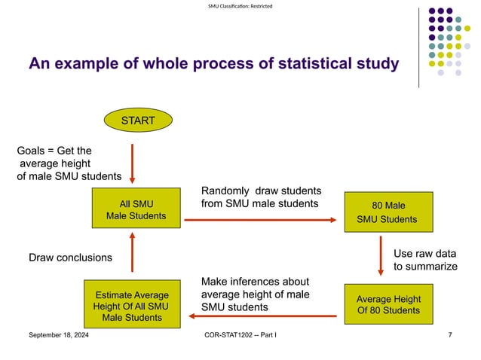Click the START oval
(138, 121)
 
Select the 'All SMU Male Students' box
(136, 209)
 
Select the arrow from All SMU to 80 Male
(261, 220)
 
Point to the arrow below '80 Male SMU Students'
(381, 257)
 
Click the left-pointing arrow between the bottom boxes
(261, 316)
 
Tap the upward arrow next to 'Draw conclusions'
(132, 254)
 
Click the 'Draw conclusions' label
(70, 258)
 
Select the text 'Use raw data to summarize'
(425, 260)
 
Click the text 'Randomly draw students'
(261, 190)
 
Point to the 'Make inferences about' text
(255, 282)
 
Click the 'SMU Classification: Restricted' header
(240, 7)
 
